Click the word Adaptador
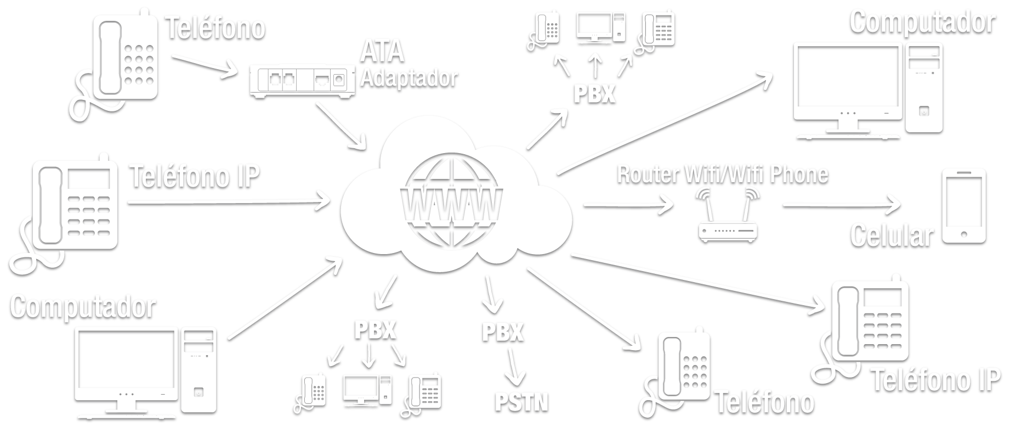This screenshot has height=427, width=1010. [x=408, y=77]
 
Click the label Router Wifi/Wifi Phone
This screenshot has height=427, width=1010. [x=722, y=174]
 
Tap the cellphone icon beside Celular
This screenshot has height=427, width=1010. [x=964, y=206]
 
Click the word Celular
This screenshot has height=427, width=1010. [x=891, y=235]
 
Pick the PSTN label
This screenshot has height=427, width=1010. [x=521, y=401]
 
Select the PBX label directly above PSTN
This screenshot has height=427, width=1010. [x=503, y=332]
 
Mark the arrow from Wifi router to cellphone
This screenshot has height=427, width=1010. [x=842, y=205]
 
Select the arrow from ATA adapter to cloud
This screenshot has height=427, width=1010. [x=341, y=125]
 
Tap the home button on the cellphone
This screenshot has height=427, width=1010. [x=964, y=234]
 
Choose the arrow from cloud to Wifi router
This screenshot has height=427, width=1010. [x=628, y=206]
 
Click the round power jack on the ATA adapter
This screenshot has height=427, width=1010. [x=339, y=80]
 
